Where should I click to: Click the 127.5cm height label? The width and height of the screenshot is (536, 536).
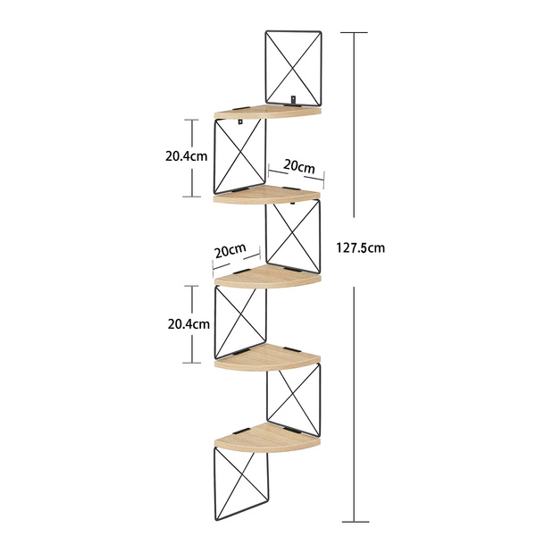pyautogui.click(x=361, y=247)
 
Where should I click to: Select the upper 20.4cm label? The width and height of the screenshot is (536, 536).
pyautogui.click(x=187, y=156)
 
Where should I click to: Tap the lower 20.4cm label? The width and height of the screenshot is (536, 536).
pyautogui.click(x=188, y=324)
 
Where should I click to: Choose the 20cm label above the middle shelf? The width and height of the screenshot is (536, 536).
pyautogui.click(x=230, y=250)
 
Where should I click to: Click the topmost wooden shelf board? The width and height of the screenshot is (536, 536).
pyautogui.click(x=268, y=112)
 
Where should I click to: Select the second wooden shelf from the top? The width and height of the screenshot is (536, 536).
pyautogui.click(x=267, y=195)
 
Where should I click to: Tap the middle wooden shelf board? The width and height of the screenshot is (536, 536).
pyautogui.click(x=268, y=277)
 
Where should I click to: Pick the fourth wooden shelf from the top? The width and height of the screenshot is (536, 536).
pyautogui.click(x=267, y=357)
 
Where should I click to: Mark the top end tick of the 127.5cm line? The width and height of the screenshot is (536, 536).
pyautogui.click(x=354, y=32)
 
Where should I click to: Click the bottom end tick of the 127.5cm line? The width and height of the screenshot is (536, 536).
pyautogui.click(x=356, y=522)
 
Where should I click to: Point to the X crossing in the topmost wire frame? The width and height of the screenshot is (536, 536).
pyautogui.click(x=293, y=69)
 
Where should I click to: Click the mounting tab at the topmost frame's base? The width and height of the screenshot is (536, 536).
pyautogui.click(x=293, y=99)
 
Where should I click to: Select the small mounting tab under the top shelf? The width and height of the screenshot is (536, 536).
pyautogui.click(x=240, y=121)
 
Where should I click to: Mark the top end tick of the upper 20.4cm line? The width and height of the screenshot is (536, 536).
pyautogui.click(x=191, y=120)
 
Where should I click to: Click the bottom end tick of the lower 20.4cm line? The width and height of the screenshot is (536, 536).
pyautogui.click(x=191, y=363)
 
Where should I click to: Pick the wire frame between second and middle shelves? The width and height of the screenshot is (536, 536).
pyautogui.click(x=293, y=236)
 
